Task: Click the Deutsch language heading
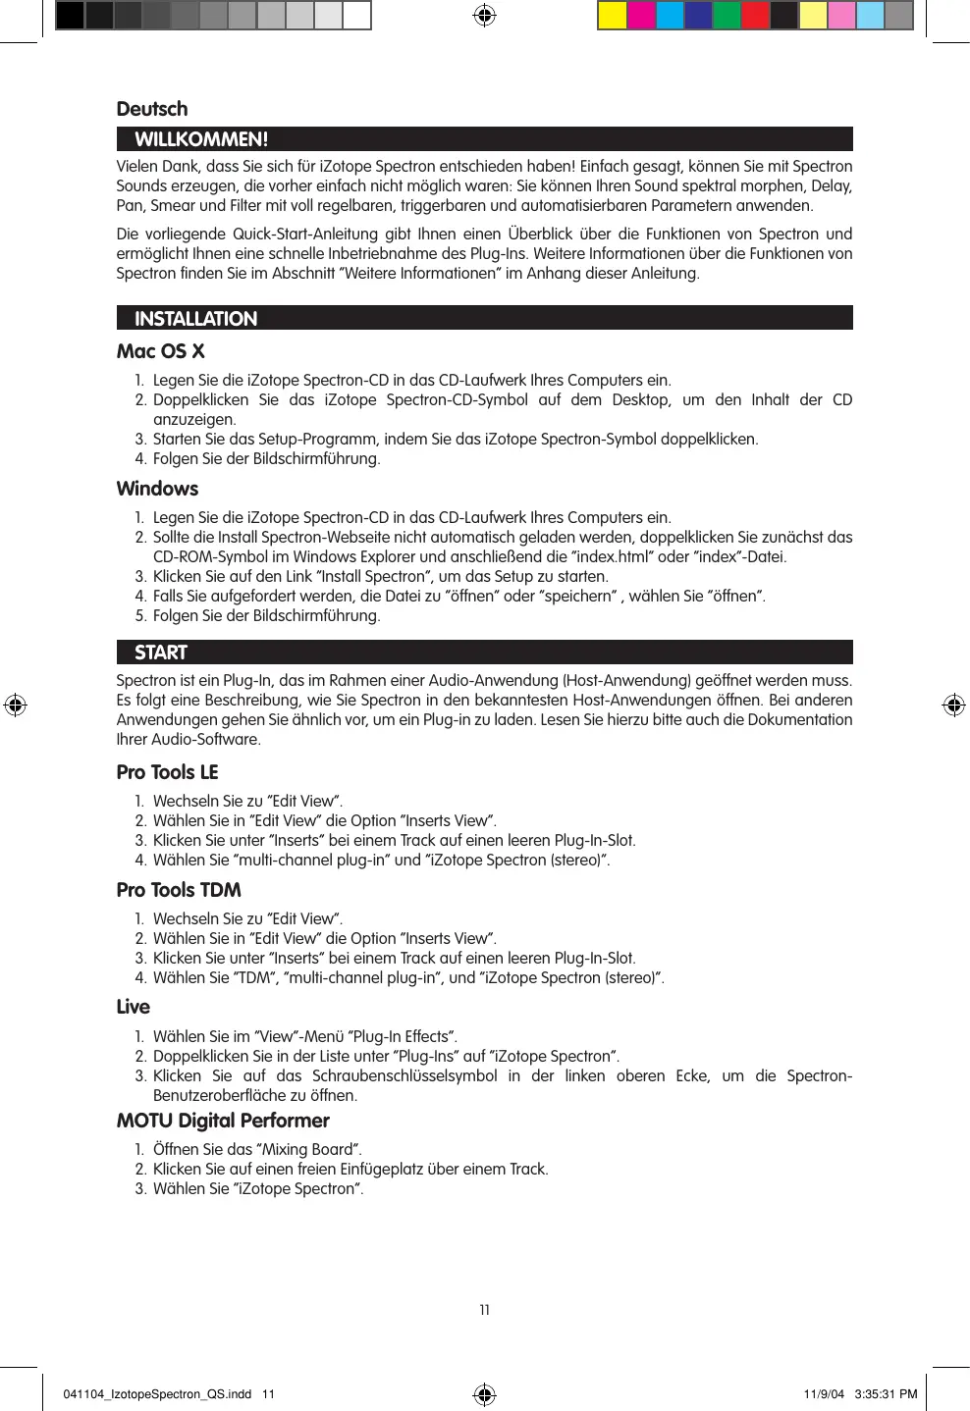point(152,109)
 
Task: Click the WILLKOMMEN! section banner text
point(201,139)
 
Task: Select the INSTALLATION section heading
point(195,319)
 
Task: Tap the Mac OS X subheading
point(160,351)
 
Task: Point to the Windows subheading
point(157,489)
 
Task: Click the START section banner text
point(161,653)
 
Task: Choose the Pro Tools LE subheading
point(167,772)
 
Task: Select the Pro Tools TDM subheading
point(179,890)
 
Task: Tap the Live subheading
point(134,1007)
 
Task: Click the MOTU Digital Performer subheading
point(223,1121)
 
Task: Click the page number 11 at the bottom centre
point(484,1310)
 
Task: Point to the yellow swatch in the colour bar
point(613,16)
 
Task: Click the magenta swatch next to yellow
point(641,16)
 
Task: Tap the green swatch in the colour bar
point(727,16)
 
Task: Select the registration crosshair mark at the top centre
point(484,16)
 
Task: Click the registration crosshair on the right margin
point(953,705)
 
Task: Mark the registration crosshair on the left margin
point(16,705)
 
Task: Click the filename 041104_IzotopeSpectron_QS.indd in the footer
point(157,1393)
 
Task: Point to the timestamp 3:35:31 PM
point(886,1393)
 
